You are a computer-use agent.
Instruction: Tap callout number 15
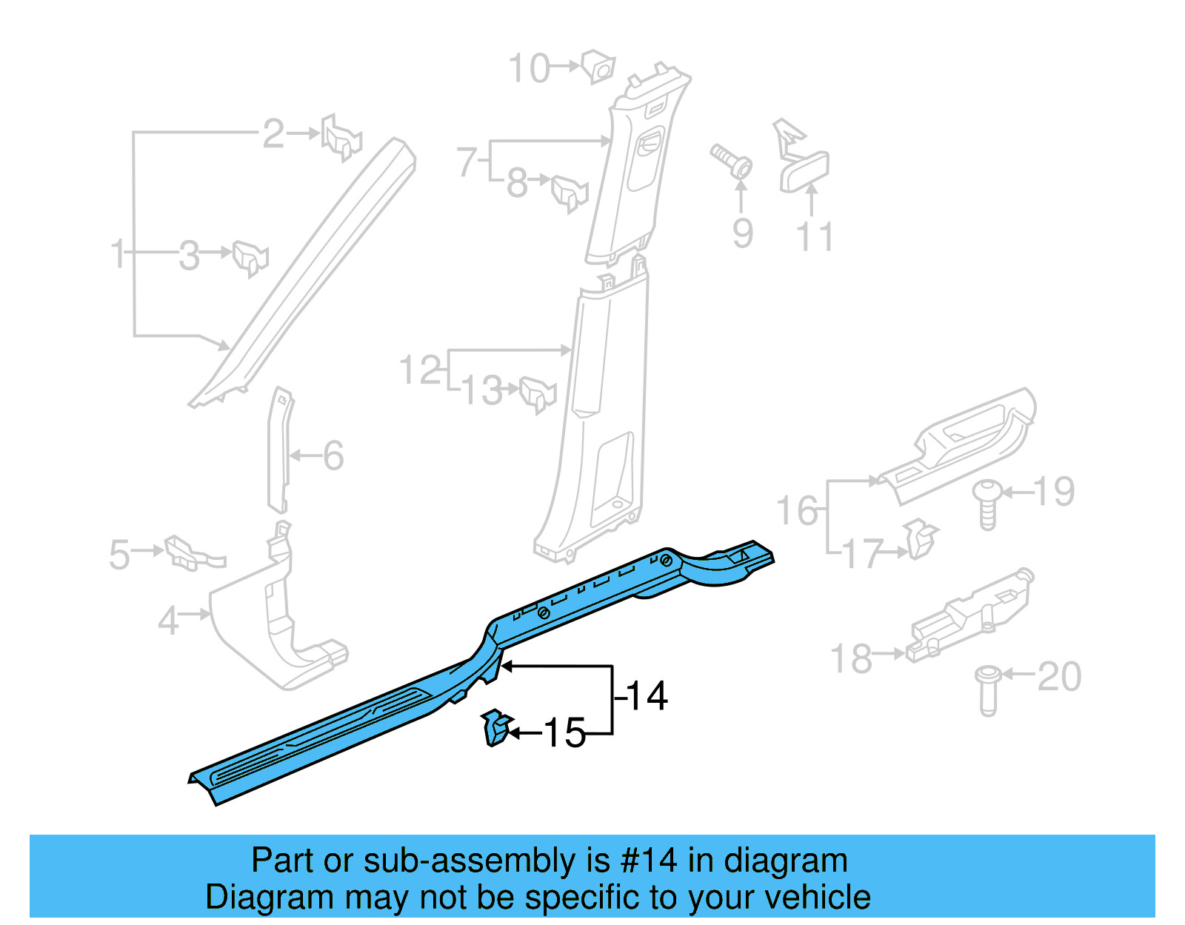pyautogui.click(x=565, y=733)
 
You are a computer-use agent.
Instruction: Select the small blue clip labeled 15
pyautogui.click(x=495, y=727)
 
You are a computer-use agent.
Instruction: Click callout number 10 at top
pyautogui.click(x=529, y=69)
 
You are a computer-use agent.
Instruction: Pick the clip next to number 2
pyautogui.click(x=341, y=137)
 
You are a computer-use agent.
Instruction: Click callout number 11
pyautogui.click(x=815, y=237)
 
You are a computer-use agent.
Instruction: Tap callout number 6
pyautogui.click(x=333, y=455)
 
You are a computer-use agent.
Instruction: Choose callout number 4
pyautogui.click(x=168, y=621)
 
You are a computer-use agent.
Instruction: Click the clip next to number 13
pyautogui.click(x=538, y=393)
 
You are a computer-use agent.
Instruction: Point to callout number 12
pyautogui.click(x=420, y=370)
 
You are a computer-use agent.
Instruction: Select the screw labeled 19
pyautogui.click(x=987, y=504)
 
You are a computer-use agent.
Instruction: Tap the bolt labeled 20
pyautogui.click(x=988, y=689)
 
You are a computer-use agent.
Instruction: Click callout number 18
pyautogui.click(x=850, y=659)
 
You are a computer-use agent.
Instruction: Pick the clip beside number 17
pyautogui.click(x=919, y=539)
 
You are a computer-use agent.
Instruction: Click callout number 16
pyautogui.click(x=797, y=511)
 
